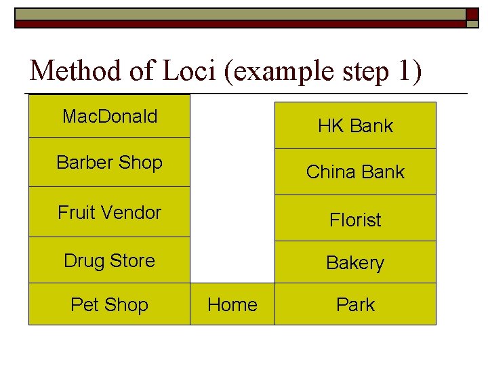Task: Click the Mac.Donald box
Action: [x=109, y=117]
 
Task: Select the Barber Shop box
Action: [x=109, y=163]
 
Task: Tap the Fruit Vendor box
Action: [x=109, y=212]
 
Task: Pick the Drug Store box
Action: [x=109, y=260]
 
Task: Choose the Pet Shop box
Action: [x=109, y=304]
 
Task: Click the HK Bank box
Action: [x=355, y=125]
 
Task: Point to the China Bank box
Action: [x=355, y=171]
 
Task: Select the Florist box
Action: [x=355, y=219]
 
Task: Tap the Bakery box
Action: [x=355, y=262]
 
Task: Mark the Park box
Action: [x=355, y=304]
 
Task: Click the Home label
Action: [x=232, y=304]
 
